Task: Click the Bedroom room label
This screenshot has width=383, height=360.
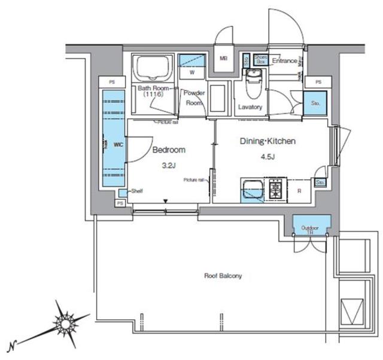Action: [x=169, y=150]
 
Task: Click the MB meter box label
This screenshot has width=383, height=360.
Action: [x=223, y=59]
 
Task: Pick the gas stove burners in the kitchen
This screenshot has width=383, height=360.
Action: [x=276, y=188]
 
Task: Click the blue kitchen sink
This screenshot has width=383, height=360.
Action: [x=251, y=191]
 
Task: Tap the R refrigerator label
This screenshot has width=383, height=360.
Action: [x=299, y=191]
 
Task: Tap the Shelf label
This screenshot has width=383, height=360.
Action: [x=136, y=191]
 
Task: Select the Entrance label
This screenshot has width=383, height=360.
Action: [x=284, y=61]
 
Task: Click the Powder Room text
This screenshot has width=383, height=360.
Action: [x=194, y=97]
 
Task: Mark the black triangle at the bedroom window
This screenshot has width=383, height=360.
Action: [x=166, y=202]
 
